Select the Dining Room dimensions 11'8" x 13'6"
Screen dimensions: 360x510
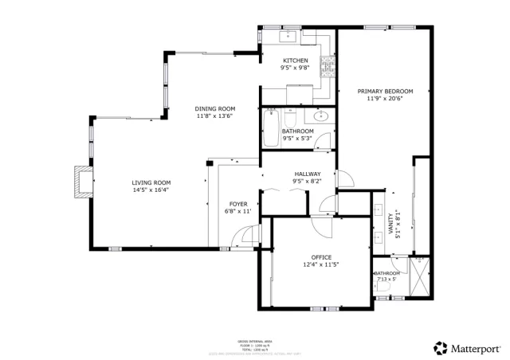(x=215, y=116)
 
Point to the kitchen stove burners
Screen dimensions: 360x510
(x=326, y=67)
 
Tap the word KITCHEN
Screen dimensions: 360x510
(x=296, y=61)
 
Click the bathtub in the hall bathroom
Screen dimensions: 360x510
(x=271, y=128)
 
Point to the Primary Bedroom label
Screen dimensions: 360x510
(x=385, y=92)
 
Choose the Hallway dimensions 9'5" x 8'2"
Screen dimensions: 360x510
(x=308, y=182)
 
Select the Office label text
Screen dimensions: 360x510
(x=321, y=256)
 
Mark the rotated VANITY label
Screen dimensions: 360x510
(x=390, y=223)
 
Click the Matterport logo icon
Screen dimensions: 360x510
(x=440, y=348)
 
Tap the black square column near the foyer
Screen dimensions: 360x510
(x=208, y=165)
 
